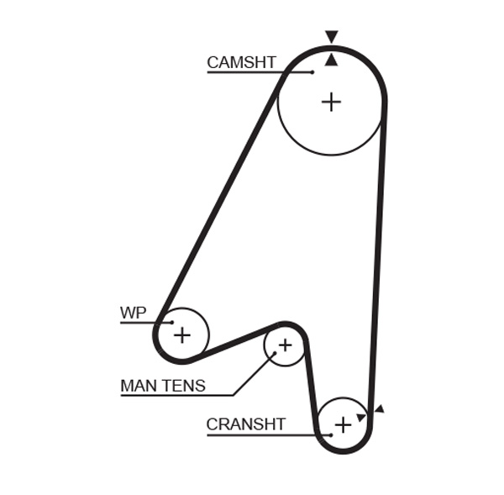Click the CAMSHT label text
coord(241,62)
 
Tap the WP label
coord(133,313)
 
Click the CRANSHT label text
coord(246,424)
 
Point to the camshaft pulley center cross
coord(332,102)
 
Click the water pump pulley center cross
coord(181,335)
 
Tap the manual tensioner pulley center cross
coord(285,345)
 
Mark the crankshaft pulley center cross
coord(343,424)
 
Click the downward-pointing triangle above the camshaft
coord(332,37)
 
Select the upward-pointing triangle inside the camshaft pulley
coord(332,59)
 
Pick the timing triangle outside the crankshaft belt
coord(379,408)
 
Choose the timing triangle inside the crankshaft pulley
coord(361,417)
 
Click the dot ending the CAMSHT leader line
coord(312,72)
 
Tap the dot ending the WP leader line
coord(171,323)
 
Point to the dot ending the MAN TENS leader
coord(273,355)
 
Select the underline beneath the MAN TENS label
coord(176,395)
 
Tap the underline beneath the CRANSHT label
coord(260,434)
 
